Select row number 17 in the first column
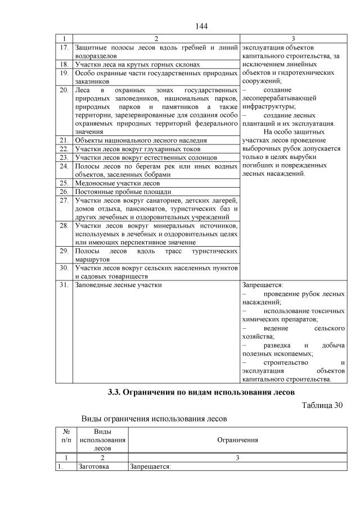(64, 47)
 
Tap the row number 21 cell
(64, 140)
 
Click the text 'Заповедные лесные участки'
(118, 285)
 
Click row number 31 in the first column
(64, 285)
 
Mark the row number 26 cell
(64, 191)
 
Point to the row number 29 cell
(64, 252)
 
